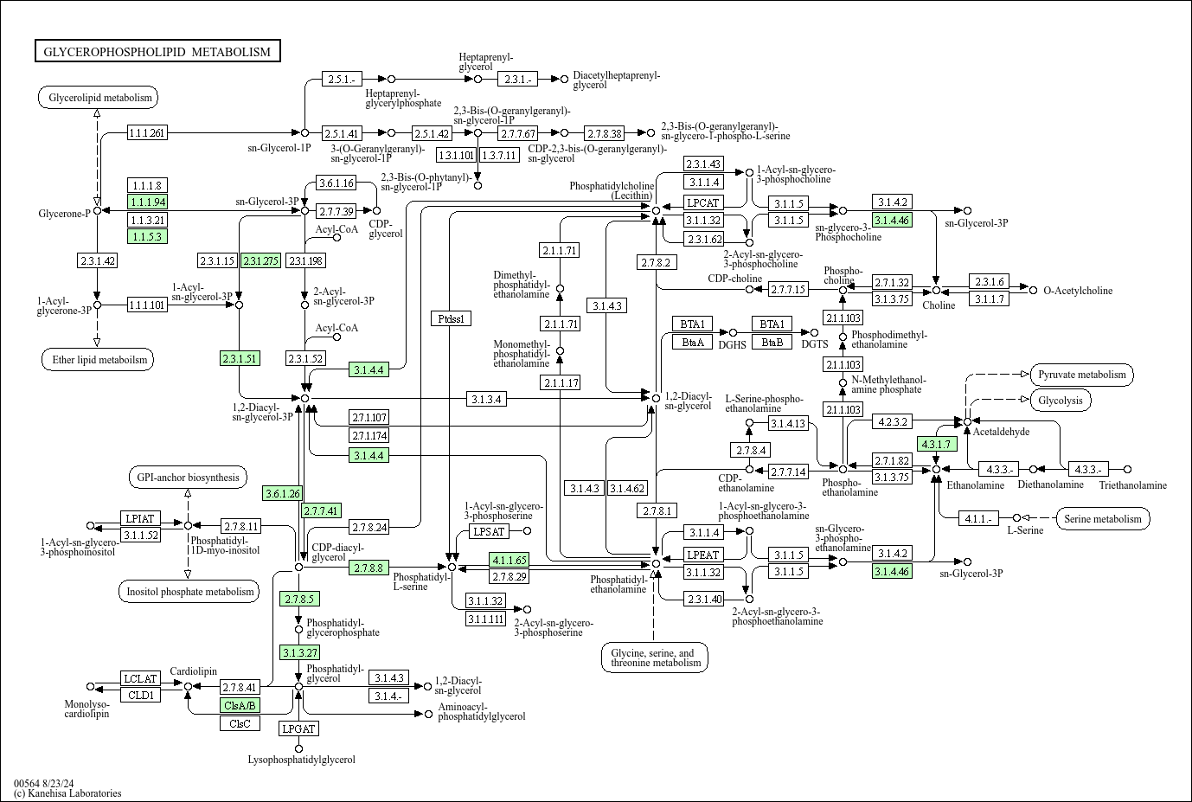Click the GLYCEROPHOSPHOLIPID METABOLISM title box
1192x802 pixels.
coord(157,52)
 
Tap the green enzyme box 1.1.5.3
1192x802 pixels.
coord(147,236)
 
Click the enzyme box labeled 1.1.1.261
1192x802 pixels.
coord(147,132)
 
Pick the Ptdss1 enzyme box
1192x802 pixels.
coord(451,318)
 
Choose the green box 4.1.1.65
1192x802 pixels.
coord(509,560)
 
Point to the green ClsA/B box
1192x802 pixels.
coord(240,705)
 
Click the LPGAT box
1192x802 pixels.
coord(298,728)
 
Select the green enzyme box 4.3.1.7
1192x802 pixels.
coord(935,444)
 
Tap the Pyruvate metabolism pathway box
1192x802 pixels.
coord(1081,375)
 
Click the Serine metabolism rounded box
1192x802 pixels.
coord(1102,519)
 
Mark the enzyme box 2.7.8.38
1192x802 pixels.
coord(604,133)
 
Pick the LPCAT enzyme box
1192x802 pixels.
coord(703,202)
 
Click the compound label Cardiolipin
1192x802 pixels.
coord(193,671)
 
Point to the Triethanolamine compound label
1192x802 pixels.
coord(1132,485)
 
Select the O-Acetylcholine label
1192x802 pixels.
coord(1078,291)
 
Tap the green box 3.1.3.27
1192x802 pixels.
coord(299,651)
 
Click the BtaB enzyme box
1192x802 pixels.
coord(772,342)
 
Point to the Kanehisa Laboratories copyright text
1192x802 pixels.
coord(67,793)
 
